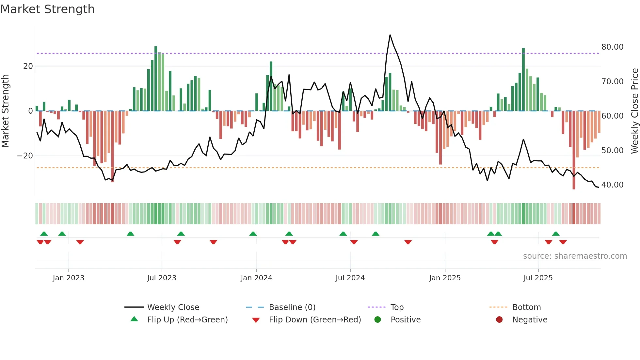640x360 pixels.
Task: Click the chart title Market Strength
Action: click(x=47, y=9)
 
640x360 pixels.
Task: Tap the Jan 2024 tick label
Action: click(x=256, y=278)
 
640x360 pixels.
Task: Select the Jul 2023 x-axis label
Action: click(x=162, y=278)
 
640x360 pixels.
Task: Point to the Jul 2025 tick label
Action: click(x=538, y=278)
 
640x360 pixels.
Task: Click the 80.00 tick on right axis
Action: click(x=612, y=47)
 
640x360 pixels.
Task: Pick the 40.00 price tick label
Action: click(x=612, y=185)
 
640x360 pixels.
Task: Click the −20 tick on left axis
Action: click(x=25, y=156)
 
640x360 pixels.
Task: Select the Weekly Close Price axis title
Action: click(x=634, y=111)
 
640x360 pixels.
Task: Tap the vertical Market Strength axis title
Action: click(x=6, y=111)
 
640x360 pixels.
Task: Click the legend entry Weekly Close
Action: click(x=173, y=307)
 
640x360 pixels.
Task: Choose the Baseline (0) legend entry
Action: click(x=292, y=307)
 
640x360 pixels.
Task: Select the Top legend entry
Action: click(x=397, y=307)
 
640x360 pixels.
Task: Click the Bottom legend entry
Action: click(x=526, y=307)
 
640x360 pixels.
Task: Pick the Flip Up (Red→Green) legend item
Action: click(x=187, y=319)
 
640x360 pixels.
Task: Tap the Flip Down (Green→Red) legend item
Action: click(x=315, y=319)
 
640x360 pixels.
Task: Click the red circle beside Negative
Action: click(x=499, y=319)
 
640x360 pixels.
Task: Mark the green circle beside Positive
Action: click(x=377, y=319)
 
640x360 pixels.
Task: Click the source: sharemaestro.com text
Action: click(x=575, y=256)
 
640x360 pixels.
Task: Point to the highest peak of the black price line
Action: click(x=390, y=35)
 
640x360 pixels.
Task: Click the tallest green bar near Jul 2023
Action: click(x=156, y=78)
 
